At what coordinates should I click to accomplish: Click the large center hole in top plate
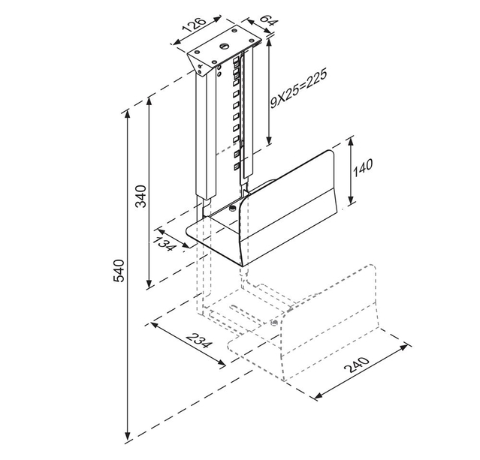point(223,47)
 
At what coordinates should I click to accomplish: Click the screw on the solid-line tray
point(232,208)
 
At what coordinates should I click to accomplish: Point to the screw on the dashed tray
point(274,322)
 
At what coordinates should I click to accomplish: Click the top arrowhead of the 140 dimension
point(352,142)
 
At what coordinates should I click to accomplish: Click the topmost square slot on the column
point(237,61)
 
